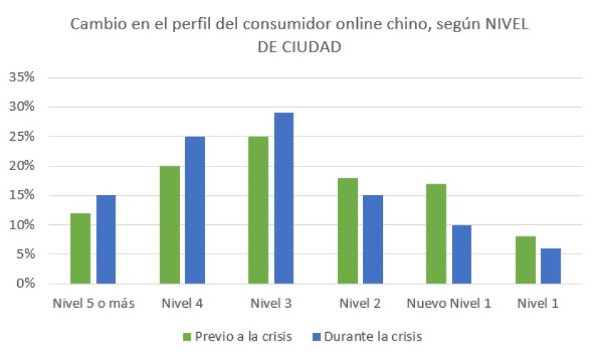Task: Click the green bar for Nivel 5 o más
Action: click(x=81, y=249)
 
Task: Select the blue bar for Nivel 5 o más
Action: click(x=106, y=239)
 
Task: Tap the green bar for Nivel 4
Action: click(x=169, y=225)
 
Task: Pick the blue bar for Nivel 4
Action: click(x=194, y=210)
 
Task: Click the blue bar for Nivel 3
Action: click(x=283, y=198)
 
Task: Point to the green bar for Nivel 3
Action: click(x=258, y=210)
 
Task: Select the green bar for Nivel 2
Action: click(x=346, y=231)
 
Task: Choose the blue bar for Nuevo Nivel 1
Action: click(x=461, y=254)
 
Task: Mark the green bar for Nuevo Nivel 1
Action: click(x=436, y=234)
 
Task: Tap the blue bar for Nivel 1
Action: click(x=550, y=266)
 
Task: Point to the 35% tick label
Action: click(x=21, y=77)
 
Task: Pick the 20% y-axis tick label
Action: click(x=21, y=166)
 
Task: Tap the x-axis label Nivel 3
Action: click(x=271, y=304)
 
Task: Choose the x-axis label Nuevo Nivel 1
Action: click(x=449, y=304)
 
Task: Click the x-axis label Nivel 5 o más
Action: click(x=94, y=304)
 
